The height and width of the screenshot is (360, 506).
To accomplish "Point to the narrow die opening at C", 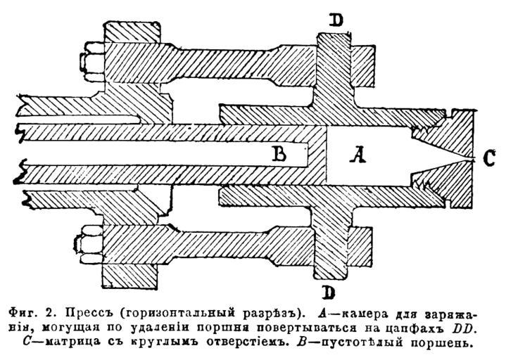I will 467,159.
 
